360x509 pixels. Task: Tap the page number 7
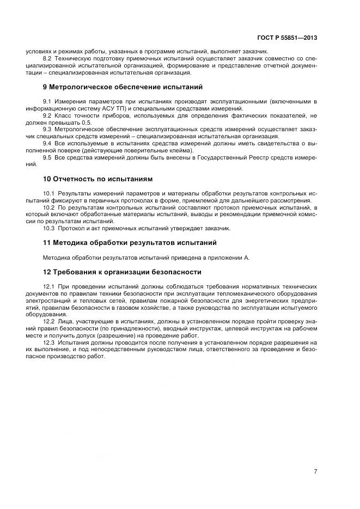(315, 471)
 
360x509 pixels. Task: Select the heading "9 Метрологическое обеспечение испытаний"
(123, 87)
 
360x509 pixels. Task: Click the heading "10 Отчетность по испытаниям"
(98, 179)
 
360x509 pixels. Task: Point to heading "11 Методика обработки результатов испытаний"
(130, 242)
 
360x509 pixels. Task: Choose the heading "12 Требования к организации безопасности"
(122, 272)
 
